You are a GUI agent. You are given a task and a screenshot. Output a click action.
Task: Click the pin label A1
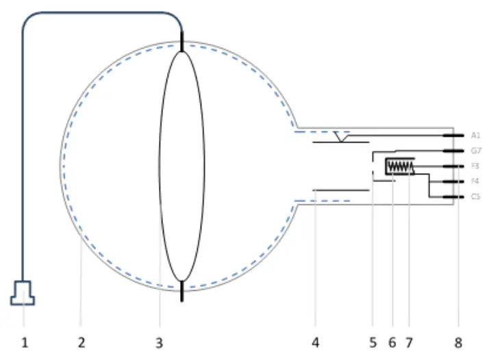pos(476,136)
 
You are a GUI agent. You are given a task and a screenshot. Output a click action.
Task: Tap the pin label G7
pos(476,151)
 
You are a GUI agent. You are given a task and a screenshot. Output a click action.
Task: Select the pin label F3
pos(476,166)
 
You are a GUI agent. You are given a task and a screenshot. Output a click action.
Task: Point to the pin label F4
pos(476,181)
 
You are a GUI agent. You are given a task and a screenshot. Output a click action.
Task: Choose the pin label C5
pos(476,197)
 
